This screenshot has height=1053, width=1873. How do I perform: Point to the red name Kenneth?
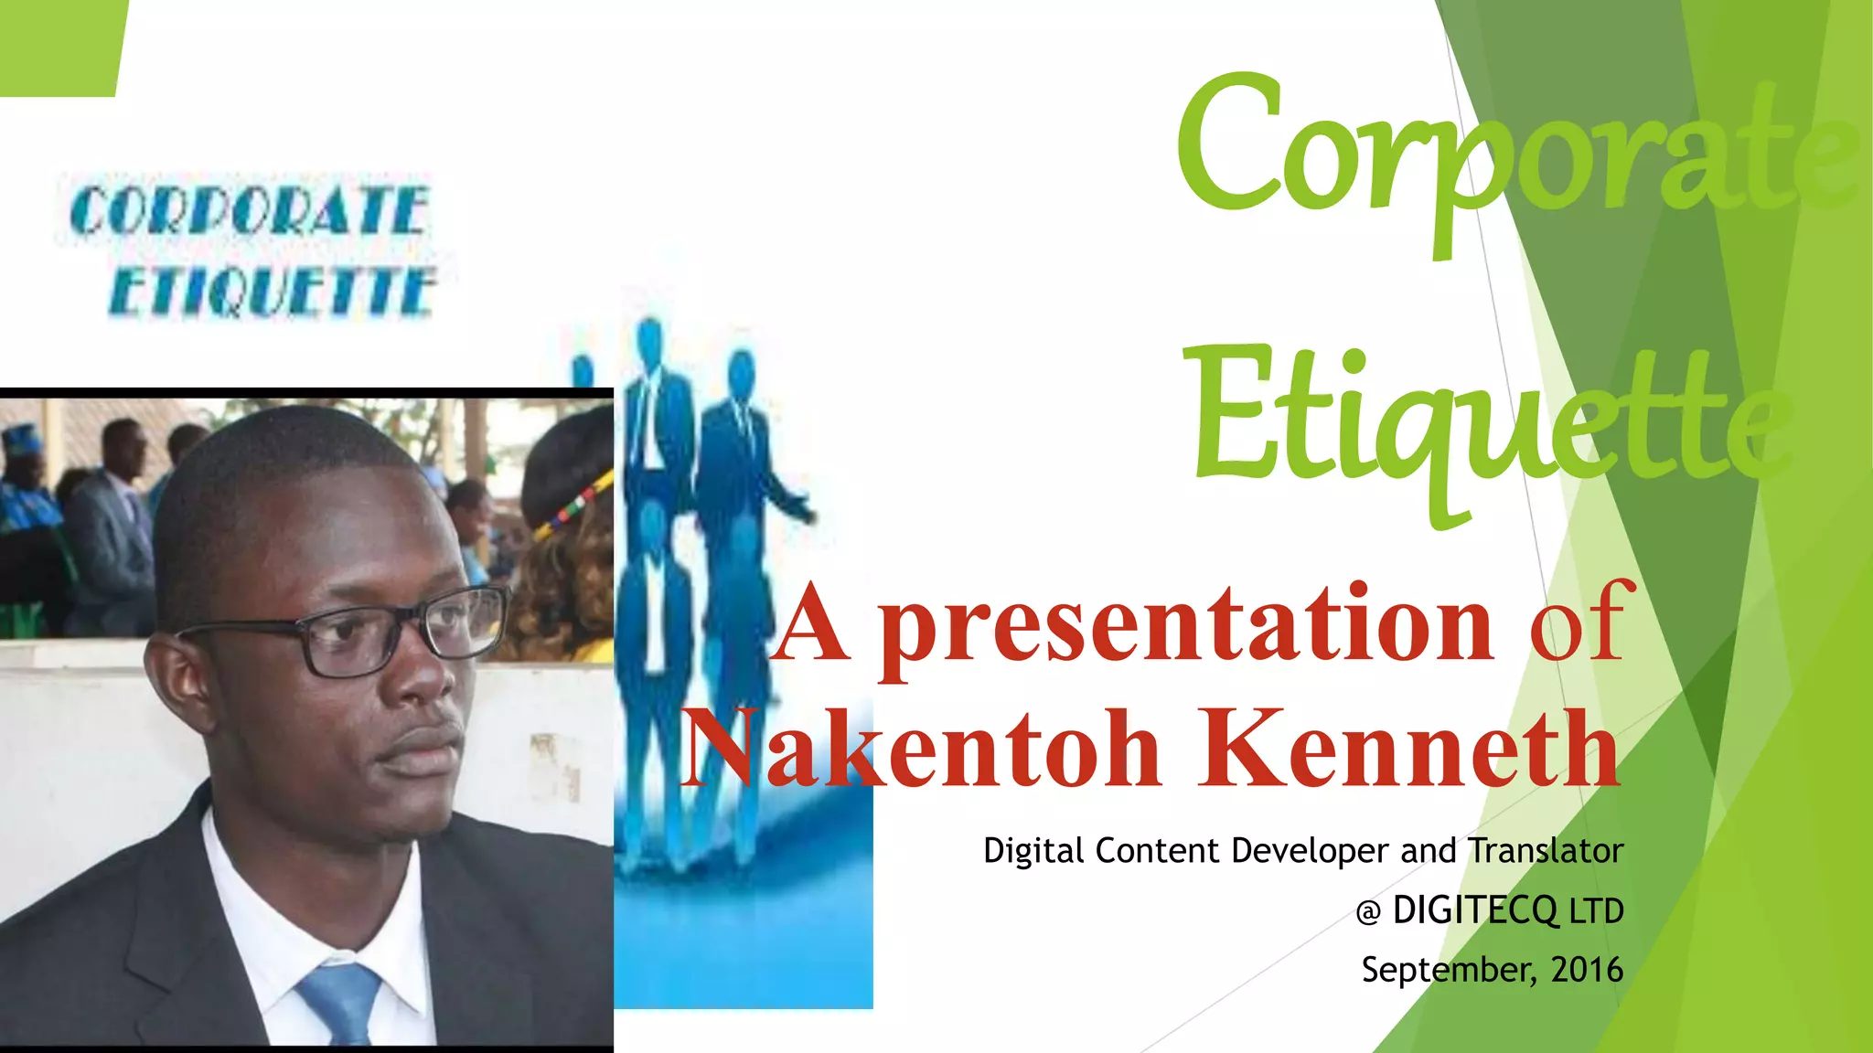[1409, 750]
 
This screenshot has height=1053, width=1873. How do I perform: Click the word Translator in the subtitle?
[1546, 851]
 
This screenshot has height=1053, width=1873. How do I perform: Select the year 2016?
[1587, 970]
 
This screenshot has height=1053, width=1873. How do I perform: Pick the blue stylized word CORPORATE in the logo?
[249, 211]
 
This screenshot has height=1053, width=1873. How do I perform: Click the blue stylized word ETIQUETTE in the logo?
[272, 292]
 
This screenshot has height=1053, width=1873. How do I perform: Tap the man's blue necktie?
[341, 1001]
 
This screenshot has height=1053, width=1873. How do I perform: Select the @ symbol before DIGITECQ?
[1368, 912]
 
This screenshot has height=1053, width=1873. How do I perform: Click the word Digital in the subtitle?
[1034, 851]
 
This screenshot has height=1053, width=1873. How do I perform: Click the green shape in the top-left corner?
[59, 46]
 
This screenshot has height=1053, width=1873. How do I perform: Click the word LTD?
[1596, 911]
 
